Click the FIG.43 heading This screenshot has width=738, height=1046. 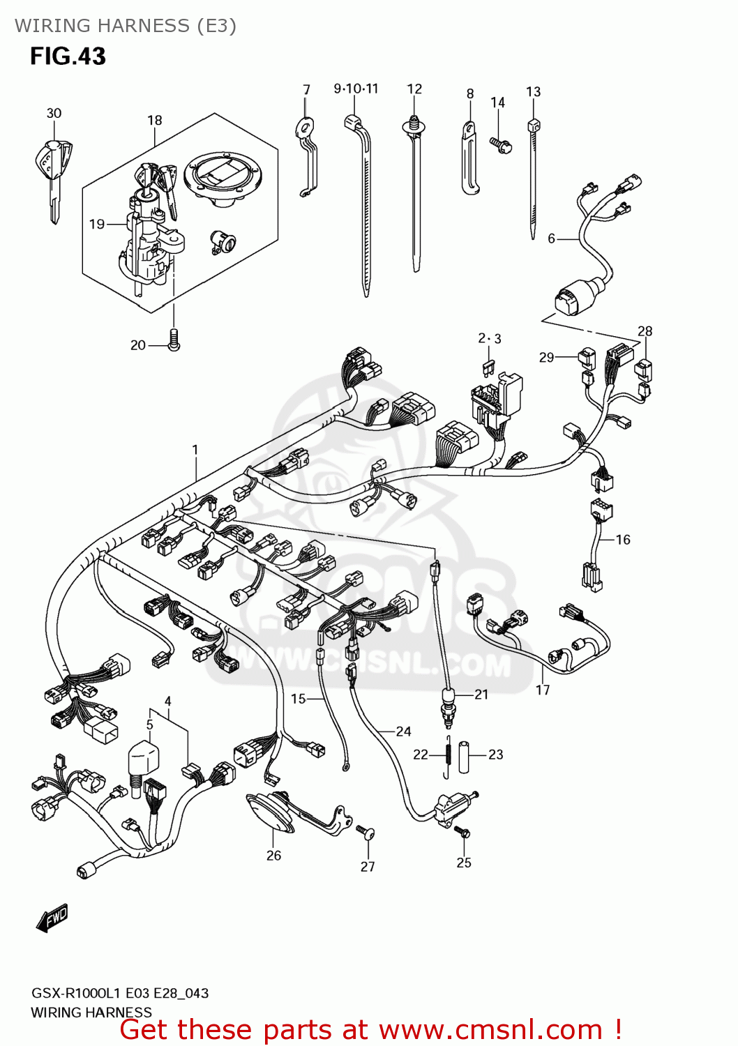(x=68, y=56)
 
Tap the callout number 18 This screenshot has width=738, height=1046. (x=154, y=121)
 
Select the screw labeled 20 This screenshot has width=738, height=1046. (x=174, y=340)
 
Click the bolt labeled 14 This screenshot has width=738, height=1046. (x=501, y=145)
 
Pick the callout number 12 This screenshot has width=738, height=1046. (x=414, y=89)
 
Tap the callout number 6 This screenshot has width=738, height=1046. (x=551, y=239)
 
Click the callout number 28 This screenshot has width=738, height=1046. (x=645, y=331)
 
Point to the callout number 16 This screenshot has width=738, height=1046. (x=622, y=540)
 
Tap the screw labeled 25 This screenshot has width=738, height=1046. (x=464, y=833)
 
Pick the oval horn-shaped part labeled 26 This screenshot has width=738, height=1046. (x=271, y=812)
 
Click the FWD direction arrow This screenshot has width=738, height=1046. (x=52, y=918)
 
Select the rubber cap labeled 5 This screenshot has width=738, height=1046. (x=143, y=759)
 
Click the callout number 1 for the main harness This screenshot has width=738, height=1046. (x=195, y=450)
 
